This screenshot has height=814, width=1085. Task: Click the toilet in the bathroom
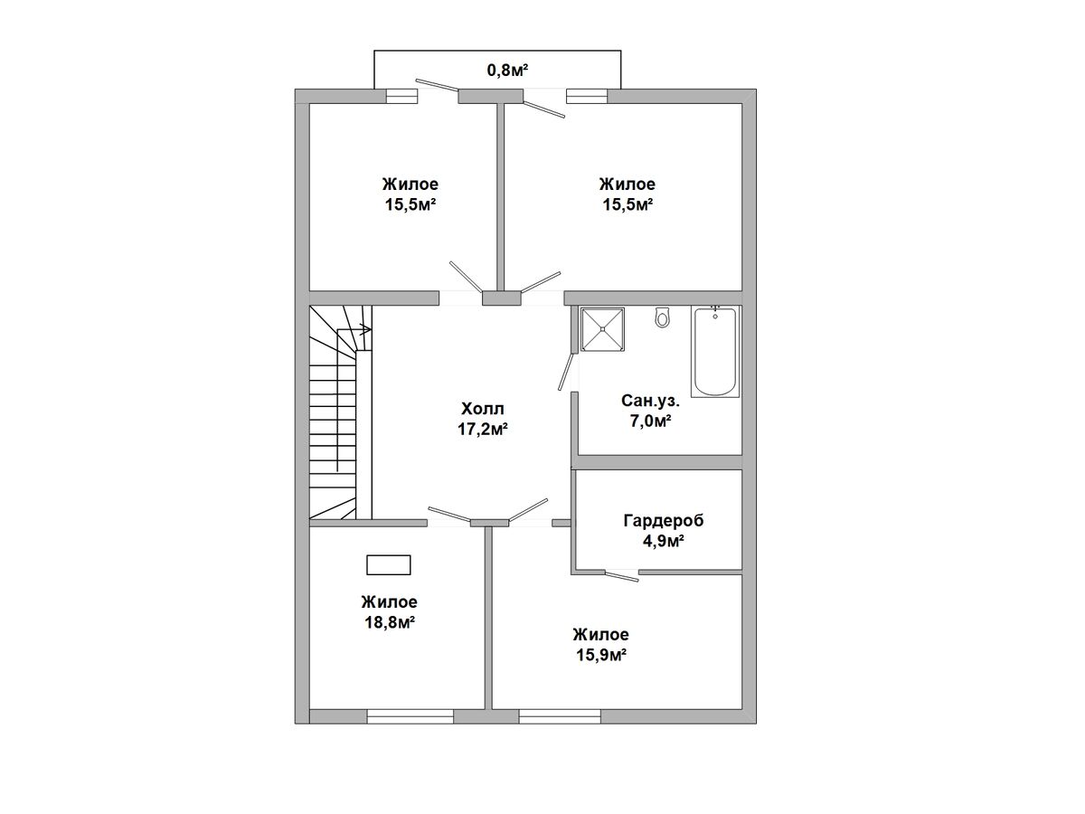click(662, 317)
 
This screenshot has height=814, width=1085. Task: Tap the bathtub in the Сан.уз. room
click(715, 352)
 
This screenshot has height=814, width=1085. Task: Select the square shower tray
click(602, 329)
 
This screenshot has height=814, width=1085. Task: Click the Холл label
click(483, 409)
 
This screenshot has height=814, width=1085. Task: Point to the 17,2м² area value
click(483, 430)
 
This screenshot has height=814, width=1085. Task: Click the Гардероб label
click(664, 521)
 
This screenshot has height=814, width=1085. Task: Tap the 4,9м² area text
click(664, 542)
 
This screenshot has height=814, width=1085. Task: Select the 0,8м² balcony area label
click(507, 71)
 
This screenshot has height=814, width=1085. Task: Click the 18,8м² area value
click(390, 622)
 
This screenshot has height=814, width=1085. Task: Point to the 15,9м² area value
click(601, 655)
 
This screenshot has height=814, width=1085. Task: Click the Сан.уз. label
click(650, 401)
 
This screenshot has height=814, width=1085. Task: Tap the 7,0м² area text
click(650, 421)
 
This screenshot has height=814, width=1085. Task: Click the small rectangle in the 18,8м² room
click(389, 565)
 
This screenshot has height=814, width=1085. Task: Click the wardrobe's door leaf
click(622, 577)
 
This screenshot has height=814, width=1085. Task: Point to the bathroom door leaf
click(566, 372)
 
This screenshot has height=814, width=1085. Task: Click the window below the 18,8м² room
click(410, 716)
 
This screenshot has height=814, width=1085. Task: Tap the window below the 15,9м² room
click(560, 716)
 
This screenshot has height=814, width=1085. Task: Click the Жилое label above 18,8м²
click(390, 602)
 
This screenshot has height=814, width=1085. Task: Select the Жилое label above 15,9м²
click(601, 634)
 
